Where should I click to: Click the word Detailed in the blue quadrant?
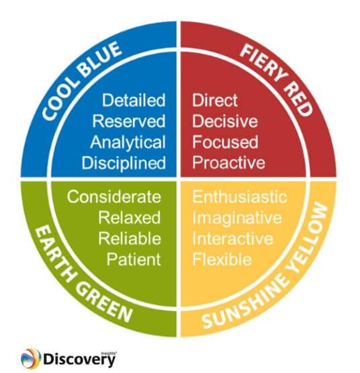pos(134,101)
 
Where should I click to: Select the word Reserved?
pos(129,122)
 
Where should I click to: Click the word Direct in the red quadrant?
pos(215,101)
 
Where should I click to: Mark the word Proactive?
pos(228,163)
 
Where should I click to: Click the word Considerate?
pos(114,197)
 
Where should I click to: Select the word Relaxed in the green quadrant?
pos(130,218)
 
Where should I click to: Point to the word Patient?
pos(134,259)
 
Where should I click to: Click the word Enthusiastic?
pos(240,197)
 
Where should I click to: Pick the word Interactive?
pos(232,239)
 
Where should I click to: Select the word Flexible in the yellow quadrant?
pos(221,259)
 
